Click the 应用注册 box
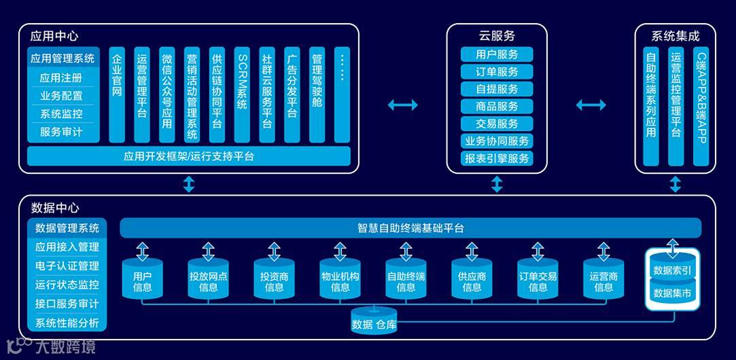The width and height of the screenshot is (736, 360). (x=61, y=77)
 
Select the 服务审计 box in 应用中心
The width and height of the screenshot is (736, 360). (x=61, y=132)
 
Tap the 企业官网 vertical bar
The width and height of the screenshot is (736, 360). (x=117, y=94)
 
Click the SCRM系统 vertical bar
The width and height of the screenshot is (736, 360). (x=243, y=94)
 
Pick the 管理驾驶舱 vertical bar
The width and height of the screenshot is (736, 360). (x=317, y=94)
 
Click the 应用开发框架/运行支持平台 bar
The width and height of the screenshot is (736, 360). (x=188, y=156)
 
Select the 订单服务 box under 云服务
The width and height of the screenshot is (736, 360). (x=497, y=71)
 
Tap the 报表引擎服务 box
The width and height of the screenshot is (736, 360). (x=497, y=158)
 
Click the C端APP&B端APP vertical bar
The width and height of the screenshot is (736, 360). (x=701, y=106)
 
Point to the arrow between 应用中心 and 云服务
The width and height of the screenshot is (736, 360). (x=402, y=105)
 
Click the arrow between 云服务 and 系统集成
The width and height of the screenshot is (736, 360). (x=591, y=105)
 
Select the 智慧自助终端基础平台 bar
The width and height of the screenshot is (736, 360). (x=410, y=228)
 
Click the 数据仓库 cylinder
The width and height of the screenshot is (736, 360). (x=374, y=323)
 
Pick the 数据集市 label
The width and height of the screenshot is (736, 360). (x=672, y=293)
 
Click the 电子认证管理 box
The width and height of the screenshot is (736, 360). (x=67, y=266)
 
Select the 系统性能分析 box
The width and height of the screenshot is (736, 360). (x=67, y=323)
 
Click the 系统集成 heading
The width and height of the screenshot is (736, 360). (x=675, y=35)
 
